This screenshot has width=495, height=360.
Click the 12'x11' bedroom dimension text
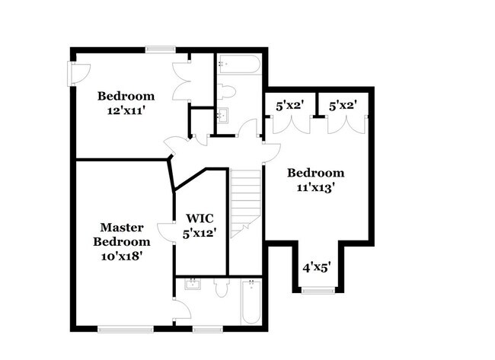tap(126, 111)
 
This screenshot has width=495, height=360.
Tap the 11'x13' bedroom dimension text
tap(316, 188)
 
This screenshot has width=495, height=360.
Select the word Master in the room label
tap(122, 227)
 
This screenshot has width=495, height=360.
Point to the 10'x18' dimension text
tap(120, 256)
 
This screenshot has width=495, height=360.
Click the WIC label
tap(200, 218)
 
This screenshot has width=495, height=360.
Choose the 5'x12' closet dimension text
tap(200, 234)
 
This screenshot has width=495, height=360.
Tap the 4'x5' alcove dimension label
tap(317, 268)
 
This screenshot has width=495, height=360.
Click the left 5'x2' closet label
tap(290, 106)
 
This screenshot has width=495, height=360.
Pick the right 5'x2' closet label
tap(343, 106)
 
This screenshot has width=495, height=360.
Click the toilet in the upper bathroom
tap(226, 91)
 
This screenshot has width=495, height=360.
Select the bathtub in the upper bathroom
tap(239, 65)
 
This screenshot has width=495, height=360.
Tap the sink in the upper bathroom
tap(223, 115)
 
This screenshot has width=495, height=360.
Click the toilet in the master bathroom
tap(222, 287)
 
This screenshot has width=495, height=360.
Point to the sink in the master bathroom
tap(193, 284)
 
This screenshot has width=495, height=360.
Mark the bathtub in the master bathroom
tap(251, 302)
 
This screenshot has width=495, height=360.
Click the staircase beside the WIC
tap(246, 203)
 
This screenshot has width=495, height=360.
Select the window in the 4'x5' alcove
tap(318, 290)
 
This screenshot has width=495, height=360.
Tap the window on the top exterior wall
tap(161, 49)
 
